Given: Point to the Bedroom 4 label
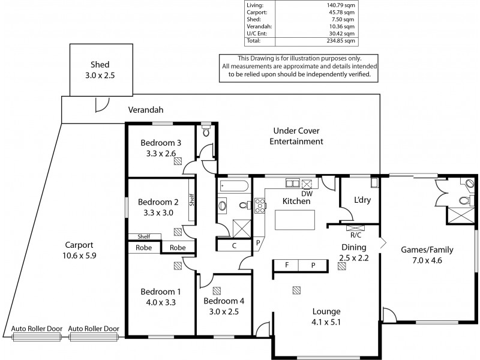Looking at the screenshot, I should pos(223,301).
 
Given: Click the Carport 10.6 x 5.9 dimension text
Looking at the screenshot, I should pos(79,255).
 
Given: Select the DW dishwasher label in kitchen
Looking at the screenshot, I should pos(307,194).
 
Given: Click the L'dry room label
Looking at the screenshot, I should pos(362,200).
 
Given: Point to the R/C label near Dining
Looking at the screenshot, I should pos(352,227).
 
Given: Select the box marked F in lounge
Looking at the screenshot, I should pos(287,265).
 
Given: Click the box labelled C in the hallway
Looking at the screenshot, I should pos(233,245).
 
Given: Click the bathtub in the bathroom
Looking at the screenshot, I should pos(234,185).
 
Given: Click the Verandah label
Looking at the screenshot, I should pos(146,110).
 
